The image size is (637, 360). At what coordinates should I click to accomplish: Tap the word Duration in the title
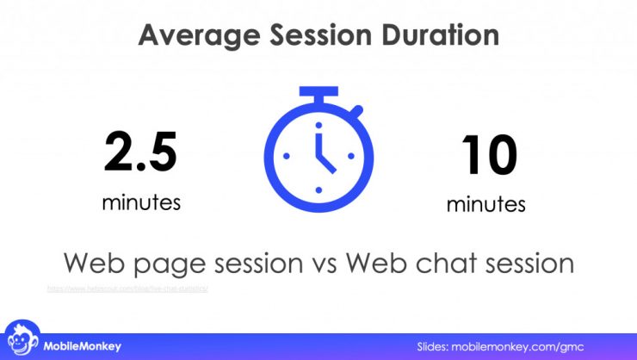click(436, 35)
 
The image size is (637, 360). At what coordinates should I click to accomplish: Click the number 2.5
click(140, 152)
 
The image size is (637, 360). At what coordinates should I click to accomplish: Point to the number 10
click(489, 155)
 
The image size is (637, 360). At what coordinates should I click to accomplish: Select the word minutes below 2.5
click(141, 202)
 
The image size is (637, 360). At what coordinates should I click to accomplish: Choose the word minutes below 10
click(485, 205)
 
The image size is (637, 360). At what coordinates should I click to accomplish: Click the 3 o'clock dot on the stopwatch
click(351, 157)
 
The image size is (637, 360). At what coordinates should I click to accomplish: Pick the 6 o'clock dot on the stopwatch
click(318, 189)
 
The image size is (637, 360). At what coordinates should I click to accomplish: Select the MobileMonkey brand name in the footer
click(83, 346)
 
